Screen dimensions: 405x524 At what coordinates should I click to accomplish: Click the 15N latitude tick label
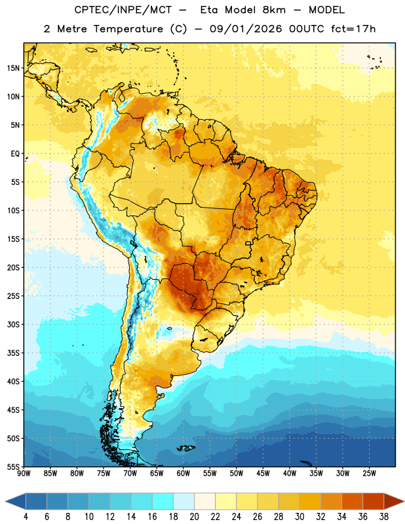click(13, 68)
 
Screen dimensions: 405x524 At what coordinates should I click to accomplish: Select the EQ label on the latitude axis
click(15, 154)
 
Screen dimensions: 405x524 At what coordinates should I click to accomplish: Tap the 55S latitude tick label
click(13, 467)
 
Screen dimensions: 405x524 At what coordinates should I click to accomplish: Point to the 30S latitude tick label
click(13, 324)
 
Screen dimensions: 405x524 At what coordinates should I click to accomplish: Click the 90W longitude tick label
click(24, 474)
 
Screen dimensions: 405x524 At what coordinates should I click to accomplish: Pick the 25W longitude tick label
click(369, 474)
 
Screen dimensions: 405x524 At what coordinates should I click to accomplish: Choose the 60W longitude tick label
click(183, 474)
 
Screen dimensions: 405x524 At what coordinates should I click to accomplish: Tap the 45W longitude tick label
click(263, 474)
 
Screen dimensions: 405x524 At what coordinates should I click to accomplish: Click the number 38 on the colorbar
click(384, 517)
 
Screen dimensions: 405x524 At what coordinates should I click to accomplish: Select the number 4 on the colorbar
click(26, 517)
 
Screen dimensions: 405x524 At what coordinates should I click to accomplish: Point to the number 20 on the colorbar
click(194, 517)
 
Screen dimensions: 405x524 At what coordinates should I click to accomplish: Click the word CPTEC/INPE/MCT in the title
click(123, 10)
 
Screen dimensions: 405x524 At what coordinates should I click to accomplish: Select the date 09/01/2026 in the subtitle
click(246, 29)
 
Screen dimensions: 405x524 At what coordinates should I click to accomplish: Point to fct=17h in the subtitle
click(353, 29)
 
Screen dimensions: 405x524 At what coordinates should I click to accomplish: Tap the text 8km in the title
click(274, 10)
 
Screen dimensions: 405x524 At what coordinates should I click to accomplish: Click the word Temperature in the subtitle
click(128, 29)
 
